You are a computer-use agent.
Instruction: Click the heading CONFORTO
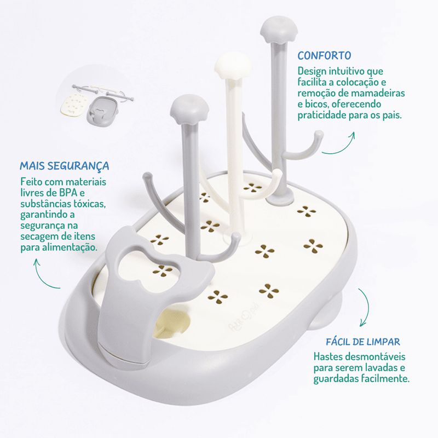324,55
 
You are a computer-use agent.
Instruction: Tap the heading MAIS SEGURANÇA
64,166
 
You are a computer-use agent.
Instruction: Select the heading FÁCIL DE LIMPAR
363,342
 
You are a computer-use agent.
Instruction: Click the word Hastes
328,356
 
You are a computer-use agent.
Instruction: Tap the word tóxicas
89,204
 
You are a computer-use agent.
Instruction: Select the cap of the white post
233,66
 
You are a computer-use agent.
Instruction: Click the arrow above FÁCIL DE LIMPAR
365,307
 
